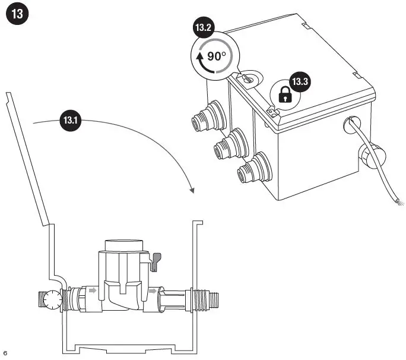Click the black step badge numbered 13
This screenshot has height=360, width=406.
(x=17, y=15)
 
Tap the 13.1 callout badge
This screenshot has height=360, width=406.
(x=70, y=121)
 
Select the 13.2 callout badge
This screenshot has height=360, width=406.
(x=203, y=28)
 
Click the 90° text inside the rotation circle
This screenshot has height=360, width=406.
(x=217, y=56)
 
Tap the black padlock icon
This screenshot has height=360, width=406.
(x=286, y=94)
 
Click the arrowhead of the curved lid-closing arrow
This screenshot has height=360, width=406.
(x=191, y=190)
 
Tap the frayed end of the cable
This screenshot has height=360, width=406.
(x=402, y=204)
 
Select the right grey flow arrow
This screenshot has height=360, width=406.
(x=153, y=291)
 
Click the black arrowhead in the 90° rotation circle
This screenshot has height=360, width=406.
(x=199, y=58)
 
